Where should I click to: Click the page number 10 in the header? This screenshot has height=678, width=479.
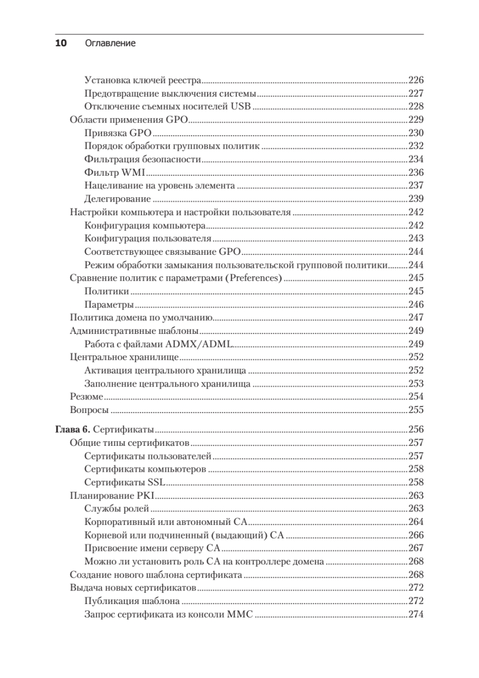click(x=61, y=43)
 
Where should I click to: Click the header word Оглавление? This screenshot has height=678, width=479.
click(x=110, y=43)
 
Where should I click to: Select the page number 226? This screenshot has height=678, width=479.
click(x=415, y=80)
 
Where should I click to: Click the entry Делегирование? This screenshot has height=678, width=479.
click(x=117, y=199)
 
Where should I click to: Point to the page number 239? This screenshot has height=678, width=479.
click(x=415, y=199)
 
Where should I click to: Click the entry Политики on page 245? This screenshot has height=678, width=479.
click(x=107, y=292)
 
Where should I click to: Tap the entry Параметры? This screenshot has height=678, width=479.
click(x=109, y=305)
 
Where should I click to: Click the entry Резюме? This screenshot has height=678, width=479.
click(x=86, y=397)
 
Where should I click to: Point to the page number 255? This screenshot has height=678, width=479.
click(x=415, y=410)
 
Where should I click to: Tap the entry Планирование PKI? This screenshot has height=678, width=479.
click(x=112, y=496)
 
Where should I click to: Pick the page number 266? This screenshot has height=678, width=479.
click(x=415, y=535)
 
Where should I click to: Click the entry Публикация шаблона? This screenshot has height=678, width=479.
click(x=132, y=601)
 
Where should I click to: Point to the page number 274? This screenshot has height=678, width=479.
click(x=415, y=615)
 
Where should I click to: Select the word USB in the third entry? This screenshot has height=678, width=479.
click(x=241, y=107)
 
